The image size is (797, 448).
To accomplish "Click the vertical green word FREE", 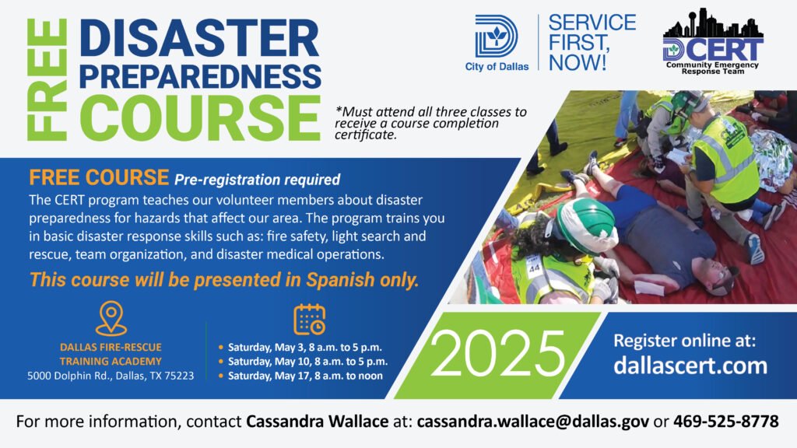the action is pyautogui.click(x=47, y=79).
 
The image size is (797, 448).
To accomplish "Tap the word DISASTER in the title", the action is pyautogui.click(x=199, y=39).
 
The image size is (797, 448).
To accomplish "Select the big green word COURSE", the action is pyautogui.click(x=200, y=118).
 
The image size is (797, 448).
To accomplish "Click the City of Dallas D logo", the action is pyautogui.click(x=496, y=37).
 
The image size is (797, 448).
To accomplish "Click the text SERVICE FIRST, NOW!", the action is pyautogui.click(x=592, y=43).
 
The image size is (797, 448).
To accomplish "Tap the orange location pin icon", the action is pyautogui.click(x=111, y=318).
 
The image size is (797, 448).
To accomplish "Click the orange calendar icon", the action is pyautogui.click(x=310, y=320).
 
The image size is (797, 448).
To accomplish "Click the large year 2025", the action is pyautogui.click(x=497, y=354).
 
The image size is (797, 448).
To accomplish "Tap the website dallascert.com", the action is pyautogui.click(x=690, y=366).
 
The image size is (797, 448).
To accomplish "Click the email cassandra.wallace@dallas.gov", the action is pyautogui.click(x=532, y=422).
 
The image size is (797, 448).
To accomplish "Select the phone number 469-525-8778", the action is pyautogui.click(x=726, y=422).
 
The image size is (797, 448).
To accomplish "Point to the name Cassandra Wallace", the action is pyautogui.click(x=318, y=422).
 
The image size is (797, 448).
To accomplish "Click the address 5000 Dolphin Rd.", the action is pyautogui.click(x=111, y=376).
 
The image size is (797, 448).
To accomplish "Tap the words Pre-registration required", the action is pyautogui.click(x=257, y=180).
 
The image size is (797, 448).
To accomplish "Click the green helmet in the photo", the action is pyautogui.click(x=584, y=222).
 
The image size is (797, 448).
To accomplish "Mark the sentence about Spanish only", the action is pyautogui.click(x=224, y=280).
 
